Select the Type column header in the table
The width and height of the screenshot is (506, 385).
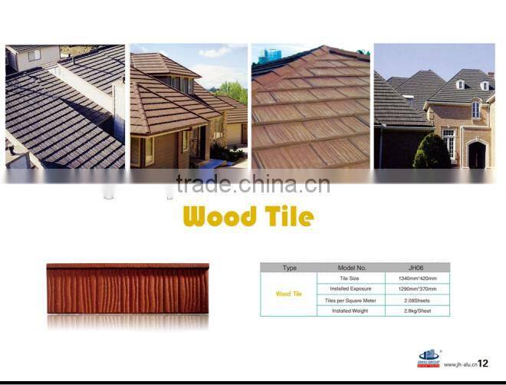point(289,268)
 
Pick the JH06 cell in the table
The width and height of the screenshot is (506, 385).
point(417,268)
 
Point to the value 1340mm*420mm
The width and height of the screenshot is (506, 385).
point(417,278)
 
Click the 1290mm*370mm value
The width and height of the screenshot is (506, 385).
point(417,288)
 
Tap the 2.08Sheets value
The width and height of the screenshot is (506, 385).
point(417,300)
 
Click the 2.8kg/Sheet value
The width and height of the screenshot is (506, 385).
point(417,311)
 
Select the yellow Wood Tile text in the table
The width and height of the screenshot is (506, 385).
point(289,294)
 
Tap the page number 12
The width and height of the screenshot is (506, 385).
point(483,364)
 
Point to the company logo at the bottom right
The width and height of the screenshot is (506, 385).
point(428,358)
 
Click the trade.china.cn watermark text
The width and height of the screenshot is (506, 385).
point(253,184)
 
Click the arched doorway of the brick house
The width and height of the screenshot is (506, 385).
point(476,155)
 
